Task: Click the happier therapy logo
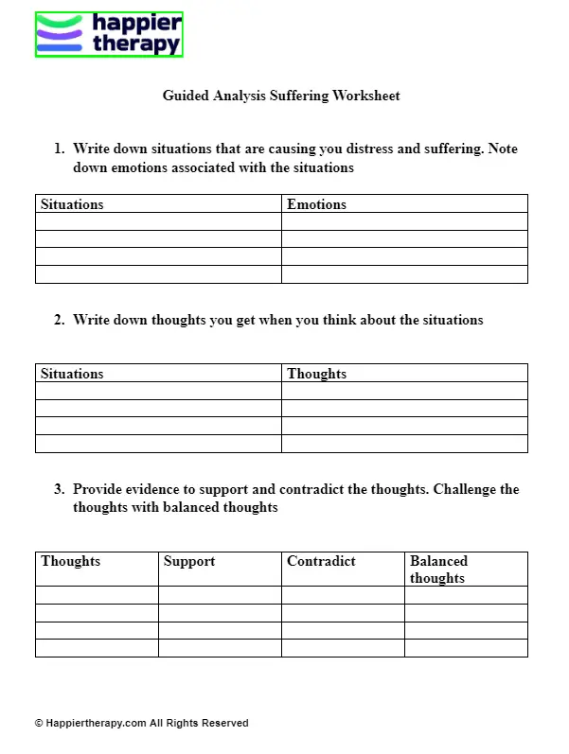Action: coord(109,34)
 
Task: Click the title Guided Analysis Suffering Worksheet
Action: coord(281,96)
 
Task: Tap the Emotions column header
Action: coord(316,204)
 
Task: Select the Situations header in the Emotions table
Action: coord(72,204)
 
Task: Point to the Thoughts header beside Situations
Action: coord(316,374)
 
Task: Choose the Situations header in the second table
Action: coord(72,374)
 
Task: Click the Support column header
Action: coord(189,561)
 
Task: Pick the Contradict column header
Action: coord(321,561)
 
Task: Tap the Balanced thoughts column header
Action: coord(438,570)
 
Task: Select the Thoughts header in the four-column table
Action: coord(70,561)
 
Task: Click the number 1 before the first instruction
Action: coord(59,149)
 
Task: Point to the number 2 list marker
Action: coord(59,320)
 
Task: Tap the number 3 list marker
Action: coord(59,489)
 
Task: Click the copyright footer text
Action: coord(141,723)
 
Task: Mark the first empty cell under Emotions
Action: coord(404,222)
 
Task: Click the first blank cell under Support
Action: coord(220,595)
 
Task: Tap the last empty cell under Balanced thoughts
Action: coord(466,648)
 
